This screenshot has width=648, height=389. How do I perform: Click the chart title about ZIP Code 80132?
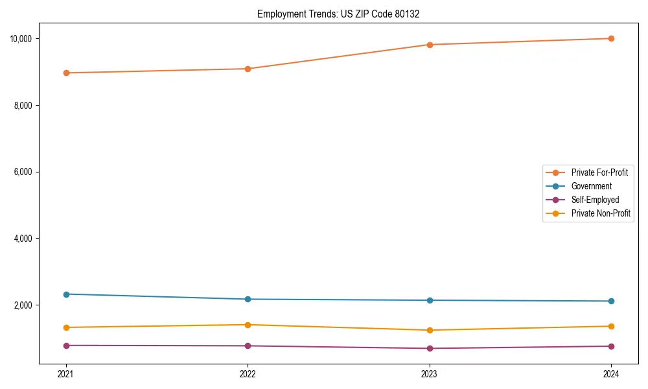click(338, 14)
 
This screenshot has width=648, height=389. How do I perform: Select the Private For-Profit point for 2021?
click(66, 73)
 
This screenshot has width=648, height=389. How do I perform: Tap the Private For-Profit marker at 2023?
click(430, 45)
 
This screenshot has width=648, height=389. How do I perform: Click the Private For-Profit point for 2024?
click(611, 38)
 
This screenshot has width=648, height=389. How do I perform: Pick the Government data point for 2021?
click(66, 294)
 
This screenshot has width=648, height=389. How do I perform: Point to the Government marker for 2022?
click(248, 299)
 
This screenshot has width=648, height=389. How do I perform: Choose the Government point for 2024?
click(611, 301)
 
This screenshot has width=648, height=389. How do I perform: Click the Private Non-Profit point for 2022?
click(248, 325)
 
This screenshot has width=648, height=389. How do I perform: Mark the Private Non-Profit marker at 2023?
click(430, 330)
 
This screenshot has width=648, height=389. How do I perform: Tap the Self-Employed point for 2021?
click(66, 346)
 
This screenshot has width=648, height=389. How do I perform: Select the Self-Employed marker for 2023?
click(430, 348)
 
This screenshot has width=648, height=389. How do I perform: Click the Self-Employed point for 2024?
click(611, 346)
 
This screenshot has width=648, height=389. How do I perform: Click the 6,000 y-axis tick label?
click(23, 172)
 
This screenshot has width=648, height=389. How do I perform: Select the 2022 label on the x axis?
click(248, 374)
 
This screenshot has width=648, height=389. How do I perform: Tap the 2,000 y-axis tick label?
click(23, 305)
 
